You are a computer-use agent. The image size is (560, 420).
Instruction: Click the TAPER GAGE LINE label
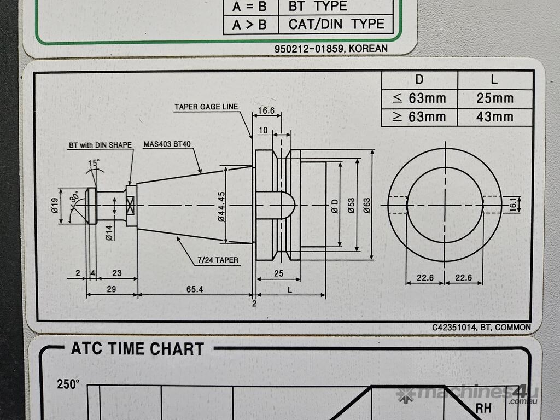206,107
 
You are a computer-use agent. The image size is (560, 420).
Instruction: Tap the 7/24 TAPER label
218,260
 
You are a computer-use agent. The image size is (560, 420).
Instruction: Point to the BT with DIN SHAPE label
100,145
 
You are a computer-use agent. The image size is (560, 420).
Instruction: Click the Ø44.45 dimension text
221,206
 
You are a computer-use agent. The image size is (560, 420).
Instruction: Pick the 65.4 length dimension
195,289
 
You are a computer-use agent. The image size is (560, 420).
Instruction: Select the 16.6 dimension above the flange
266,110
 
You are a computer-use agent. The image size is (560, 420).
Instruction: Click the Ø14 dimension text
109,232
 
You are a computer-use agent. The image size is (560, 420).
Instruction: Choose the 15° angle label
94,163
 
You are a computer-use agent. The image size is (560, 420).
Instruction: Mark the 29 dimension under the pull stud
111,289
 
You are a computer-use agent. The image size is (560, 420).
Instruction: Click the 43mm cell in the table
494,116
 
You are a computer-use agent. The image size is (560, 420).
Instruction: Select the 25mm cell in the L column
494,98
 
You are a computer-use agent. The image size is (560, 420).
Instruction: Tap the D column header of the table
419,80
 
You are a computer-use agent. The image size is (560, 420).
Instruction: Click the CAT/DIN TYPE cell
336,24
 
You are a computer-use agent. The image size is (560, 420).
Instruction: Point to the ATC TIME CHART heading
137,349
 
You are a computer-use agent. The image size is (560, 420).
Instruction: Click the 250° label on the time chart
68,384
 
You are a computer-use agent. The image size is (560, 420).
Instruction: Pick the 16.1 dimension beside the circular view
512,205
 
